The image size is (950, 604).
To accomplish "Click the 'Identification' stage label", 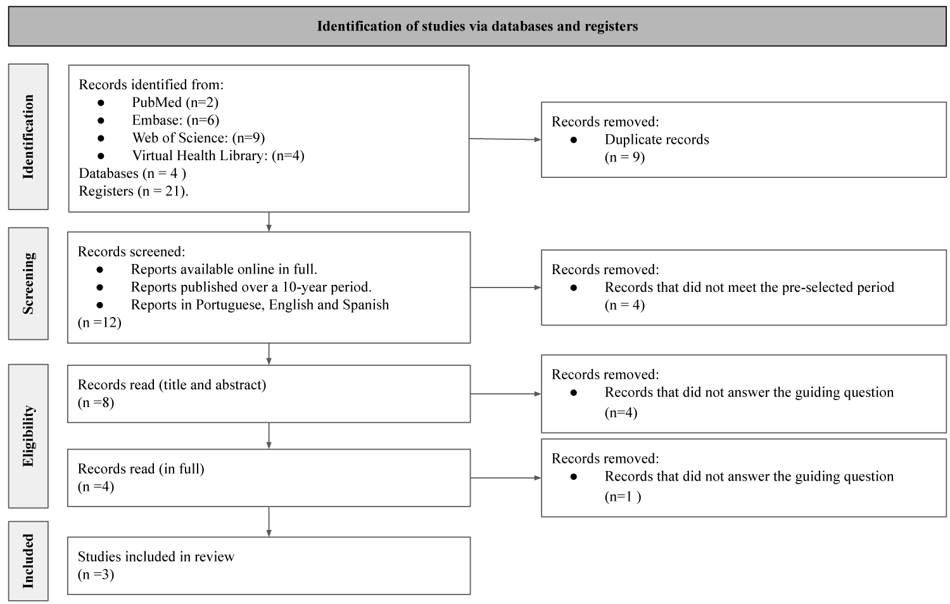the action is click(x=28, y=137).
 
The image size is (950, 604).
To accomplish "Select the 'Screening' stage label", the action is click(x=28, y=283).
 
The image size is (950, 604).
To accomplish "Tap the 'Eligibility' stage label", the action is click(x=28, y=436).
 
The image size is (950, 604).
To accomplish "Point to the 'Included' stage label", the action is click(x=28, y=561).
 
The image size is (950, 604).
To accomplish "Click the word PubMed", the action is click(x=156, y=102).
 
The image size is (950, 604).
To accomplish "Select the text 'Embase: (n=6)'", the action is click(x=175, y=120).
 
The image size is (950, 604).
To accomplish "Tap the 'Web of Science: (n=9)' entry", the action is click(x=198, y=138).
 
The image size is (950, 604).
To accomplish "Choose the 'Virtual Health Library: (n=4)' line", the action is click(x=218, y=156).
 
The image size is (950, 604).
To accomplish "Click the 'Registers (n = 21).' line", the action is click(x=134, y=191).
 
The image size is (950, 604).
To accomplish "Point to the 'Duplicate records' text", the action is click(x=657, y=139).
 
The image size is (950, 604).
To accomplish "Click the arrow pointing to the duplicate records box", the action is click(x=505, y=139).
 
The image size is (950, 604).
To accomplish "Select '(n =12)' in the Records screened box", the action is click(x=99, y=322).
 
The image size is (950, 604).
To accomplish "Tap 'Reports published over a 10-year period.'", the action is click(x=251, y=287).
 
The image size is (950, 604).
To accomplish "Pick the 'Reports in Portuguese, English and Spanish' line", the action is click(x=260, y=305).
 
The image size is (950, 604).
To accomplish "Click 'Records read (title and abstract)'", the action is click(x=172, y=385).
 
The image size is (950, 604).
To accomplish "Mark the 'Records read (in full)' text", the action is click(x=141, y=469).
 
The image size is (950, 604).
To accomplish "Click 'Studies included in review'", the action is click(x=156, y=557).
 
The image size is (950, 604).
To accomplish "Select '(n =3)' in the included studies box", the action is click(x=96, y=574).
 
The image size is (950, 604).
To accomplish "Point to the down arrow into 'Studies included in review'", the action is click(x=269, y=522).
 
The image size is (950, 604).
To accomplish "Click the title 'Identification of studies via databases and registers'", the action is click(x=477, y=27).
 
